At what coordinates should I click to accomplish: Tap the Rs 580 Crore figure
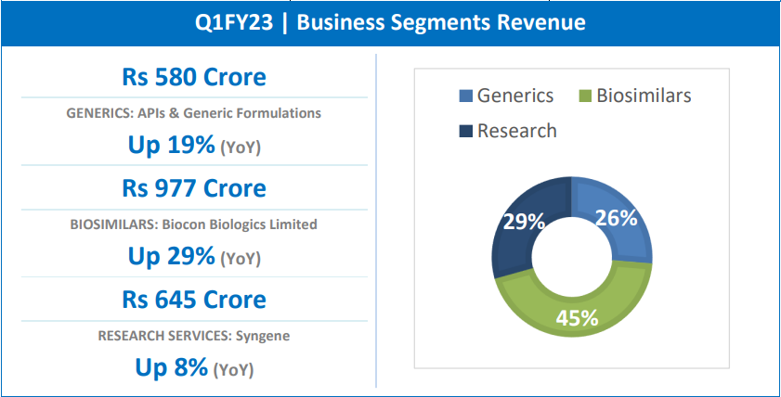coord(194,77)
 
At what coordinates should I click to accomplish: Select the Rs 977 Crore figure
coord(194,188)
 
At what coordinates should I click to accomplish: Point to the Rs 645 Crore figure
coord(194,300)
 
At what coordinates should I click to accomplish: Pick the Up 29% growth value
coord(172,256)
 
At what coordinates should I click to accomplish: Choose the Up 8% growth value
coord(172,367)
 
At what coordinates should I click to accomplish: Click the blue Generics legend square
coord(465,96)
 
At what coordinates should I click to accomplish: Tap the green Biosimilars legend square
coord(584,96)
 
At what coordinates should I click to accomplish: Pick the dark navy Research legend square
coord(465,131)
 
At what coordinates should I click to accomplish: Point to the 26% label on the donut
coord(617,218)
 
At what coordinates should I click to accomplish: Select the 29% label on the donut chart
coord(524,223)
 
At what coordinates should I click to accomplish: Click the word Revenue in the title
coord(543,22)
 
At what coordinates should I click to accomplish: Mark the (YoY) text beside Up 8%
coord(233,370)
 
